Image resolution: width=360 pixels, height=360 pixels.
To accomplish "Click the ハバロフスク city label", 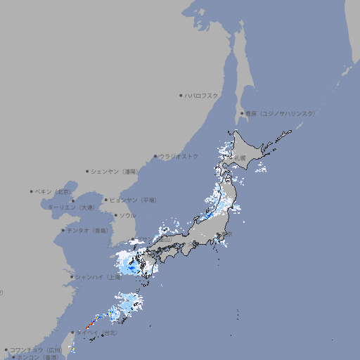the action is tap(202, 95).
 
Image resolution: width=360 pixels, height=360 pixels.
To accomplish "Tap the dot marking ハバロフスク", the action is tap(181, 95).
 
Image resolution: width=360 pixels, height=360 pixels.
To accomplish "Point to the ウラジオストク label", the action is tap(179, 156).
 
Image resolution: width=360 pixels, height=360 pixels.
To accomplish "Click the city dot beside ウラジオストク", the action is tap(155, 157).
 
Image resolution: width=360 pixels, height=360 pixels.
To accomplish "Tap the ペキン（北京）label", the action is tap(54, 191).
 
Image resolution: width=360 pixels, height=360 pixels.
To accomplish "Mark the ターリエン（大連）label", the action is tap(71, 207).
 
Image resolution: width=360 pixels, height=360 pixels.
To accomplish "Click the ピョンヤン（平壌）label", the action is tap(134, 200).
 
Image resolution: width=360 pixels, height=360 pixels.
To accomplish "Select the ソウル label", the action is tap(127, 215).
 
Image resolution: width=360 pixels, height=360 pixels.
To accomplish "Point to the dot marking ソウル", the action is tap(115, 216).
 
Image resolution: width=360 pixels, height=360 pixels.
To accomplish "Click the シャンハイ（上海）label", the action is tap(98, 277).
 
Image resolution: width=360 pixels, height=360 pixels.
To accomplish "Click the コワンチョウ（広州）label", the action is tap(35, 349).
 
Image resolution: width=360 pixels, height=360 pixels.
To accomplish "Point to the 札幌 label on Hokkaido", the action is tap(241, 157).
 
